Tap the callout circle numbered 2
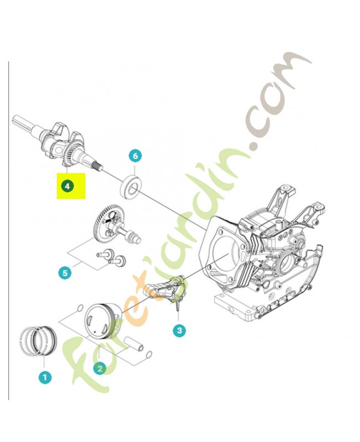(x=100, y=368)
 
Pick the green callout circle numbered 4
(x=67, y=187)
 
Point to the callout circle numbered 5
(x=65, y=272)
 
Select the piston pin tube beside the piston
(x=136, y=345)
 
